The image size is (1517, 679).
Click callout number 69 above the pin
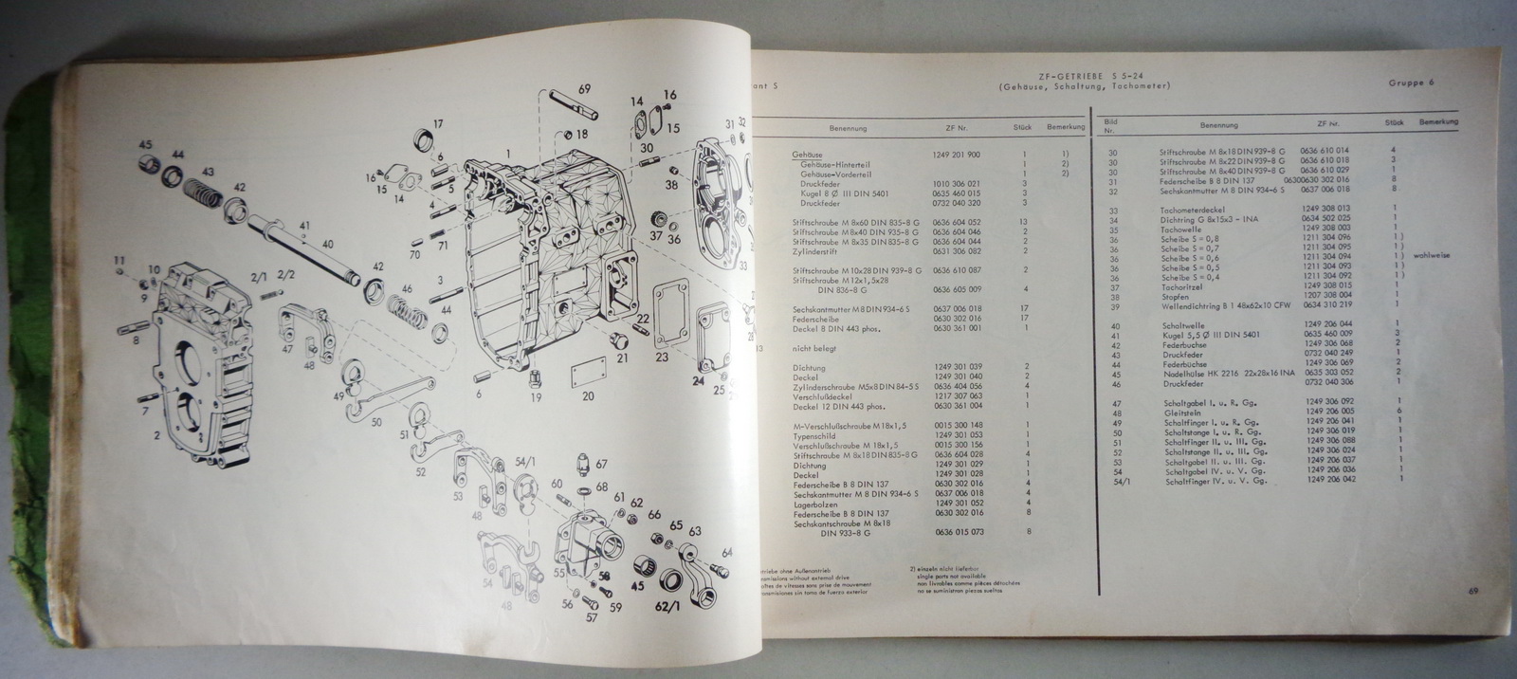(583, 89)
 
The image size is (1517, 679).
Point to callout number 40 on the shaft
(328, 244)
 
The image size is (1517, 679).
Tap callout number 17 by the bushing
(438, 124)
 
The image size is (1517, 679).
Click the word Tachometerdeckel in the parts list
(1191, 208)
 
